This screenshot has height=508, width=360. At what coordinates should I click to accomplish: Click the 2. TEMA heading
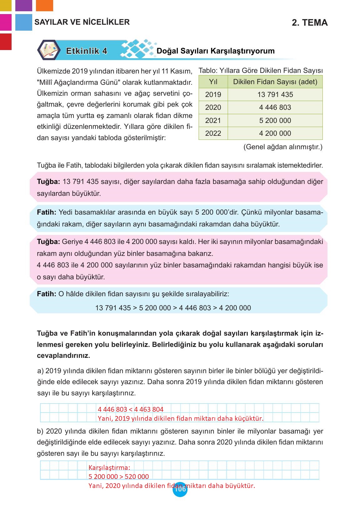[309, 23]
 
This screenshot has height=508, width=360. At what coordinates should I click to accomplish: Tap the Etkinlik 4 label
[87, 51]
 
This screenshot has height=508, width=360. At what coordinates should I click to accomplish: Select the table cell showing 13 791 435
[275, 94]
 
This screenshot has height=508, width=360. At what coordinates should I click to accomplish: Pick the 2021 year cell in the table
[213, 120]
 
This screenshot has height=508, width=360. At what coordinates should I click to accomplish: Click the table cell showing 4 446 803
[275, 107]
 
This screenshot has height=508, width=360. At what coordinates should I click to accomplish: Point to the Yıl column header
[213, 82]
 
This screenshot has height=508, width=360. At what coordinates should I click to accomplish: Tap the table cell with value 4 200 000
[275, 133]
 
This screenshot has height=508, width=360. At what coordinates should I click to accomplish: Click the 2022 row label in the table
[213, 133]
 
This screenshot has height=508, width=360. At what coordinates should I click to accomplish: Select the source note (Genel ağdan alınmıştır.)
[282, 147]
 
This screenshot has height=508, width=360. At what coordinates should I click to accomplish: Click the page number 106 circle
[180, 490]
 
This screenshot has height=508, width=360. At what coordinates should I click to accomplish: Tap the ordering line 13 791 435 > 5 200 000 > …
[173, 308]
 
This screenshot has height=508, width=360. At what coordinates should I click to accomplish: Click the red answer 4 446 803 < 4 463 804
[130, 409]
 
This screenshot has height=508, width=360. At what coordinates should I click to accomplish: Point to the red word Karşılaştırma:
[109, 468]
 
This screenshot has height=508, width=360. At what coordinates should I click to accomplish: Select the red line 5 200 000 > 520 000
[119, 477]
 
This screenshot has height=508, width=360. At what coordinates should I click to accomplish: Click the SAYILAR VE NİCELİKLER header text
[82, 22]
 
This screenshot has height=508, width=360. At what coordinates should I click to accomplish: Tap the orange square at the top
[44, 5]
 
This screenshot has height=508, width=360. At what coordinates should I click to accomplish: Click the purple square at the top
[23, 5]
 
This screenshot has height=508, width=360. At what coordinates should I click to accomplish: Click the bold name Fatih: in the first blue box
[46, 212]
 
